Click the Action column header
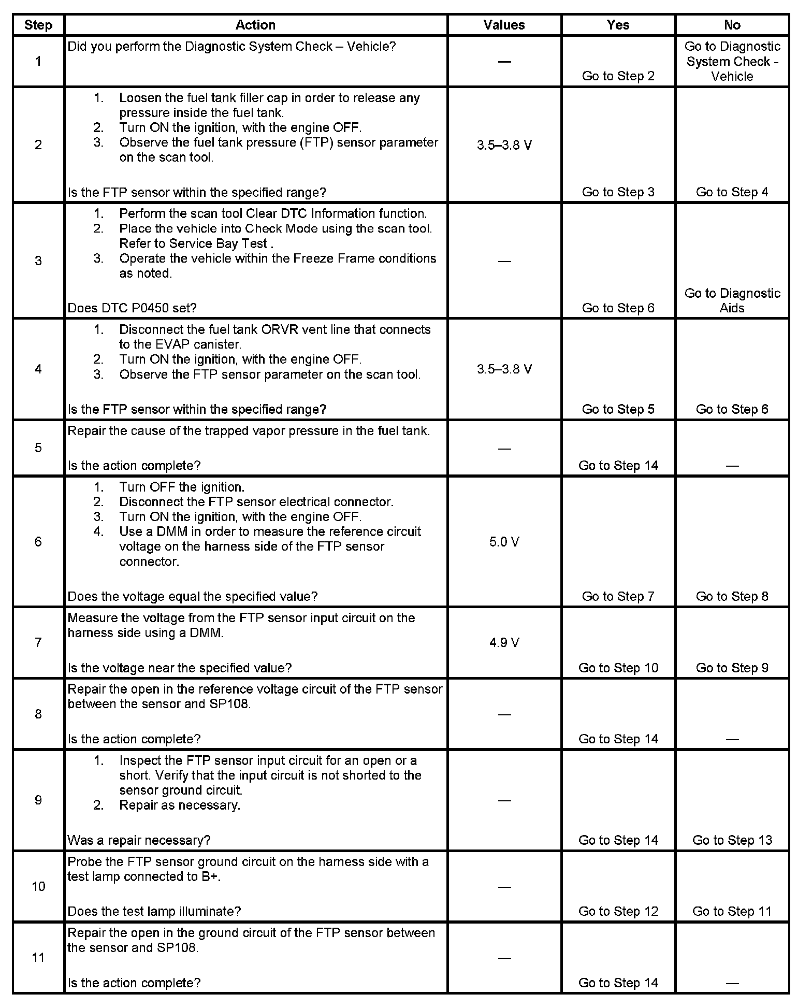point(255,25)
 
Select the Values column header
point(504,25)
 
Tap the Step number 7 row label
point(38,642)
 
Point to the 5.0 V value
point(504,542)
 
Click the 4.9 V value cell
point(504,642)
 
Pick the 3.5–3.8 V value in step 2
point(504,145)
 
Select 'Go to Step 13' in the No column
point(732,840)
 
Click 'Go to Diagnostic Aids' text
point(732,300)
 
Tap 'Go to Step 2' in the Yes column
point(618,76)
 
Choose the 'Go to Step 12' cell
point(618,911)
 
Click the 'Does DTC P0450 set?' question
point(132,308)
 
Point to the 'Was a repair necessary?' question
point(139,840)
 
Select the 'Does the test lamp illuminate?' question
point(154,911)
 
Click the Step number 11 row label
point(38,957)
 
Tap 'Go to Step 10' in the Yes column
point(618,668)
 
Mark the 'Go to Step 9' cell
point(732,668)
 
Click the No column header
point(732,25)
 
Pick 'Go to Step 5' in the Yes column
point(618,409)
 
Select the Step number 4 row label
point(38,369)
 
